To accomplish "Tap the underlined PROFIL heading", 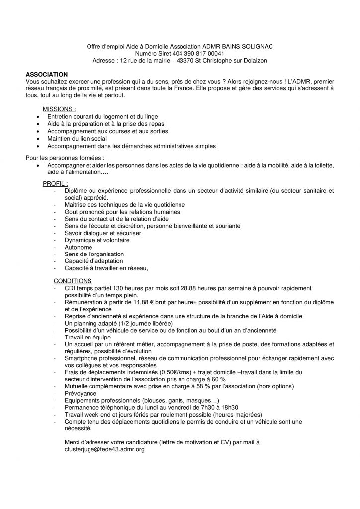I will pyautogui.click(x=55, y=183).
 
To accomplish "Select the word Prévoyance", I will pyautogui.click(x=82, y=393).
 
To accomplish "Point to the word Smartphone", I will pyautogui.click(x=83, y=358).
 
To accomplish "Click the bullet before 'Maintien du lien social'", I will pyautogui.click(x=38, y=139).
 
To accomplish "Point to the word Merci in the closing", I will pyautogui.click(x=73, y=442).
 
